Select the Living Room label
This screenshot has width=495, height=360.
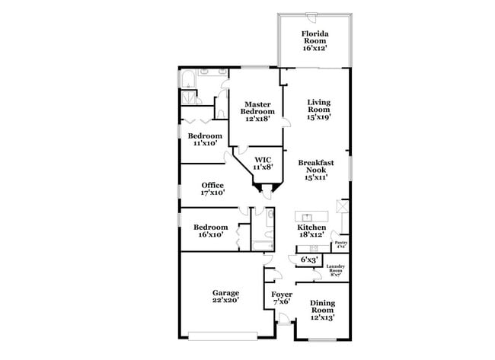318,110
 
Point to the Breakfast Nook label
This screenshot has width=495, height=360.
316,169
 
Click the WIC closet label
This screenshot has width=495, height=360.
262,163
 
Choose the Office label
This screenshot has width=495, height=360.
212,189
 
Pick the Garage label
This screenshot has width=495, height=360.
225,296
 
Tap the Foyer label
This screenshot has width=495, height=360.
282,296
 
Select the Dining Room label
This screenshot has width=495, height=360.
322,310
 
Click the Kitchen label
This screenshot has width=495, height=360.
311,231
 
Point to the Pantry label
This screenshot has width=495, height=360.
340,244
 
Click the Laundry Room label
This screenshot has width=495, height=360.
336,269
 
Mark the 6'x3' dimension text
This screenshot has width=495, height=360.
308,260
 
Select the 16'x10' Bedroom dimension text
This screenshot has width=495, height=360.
210,235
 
